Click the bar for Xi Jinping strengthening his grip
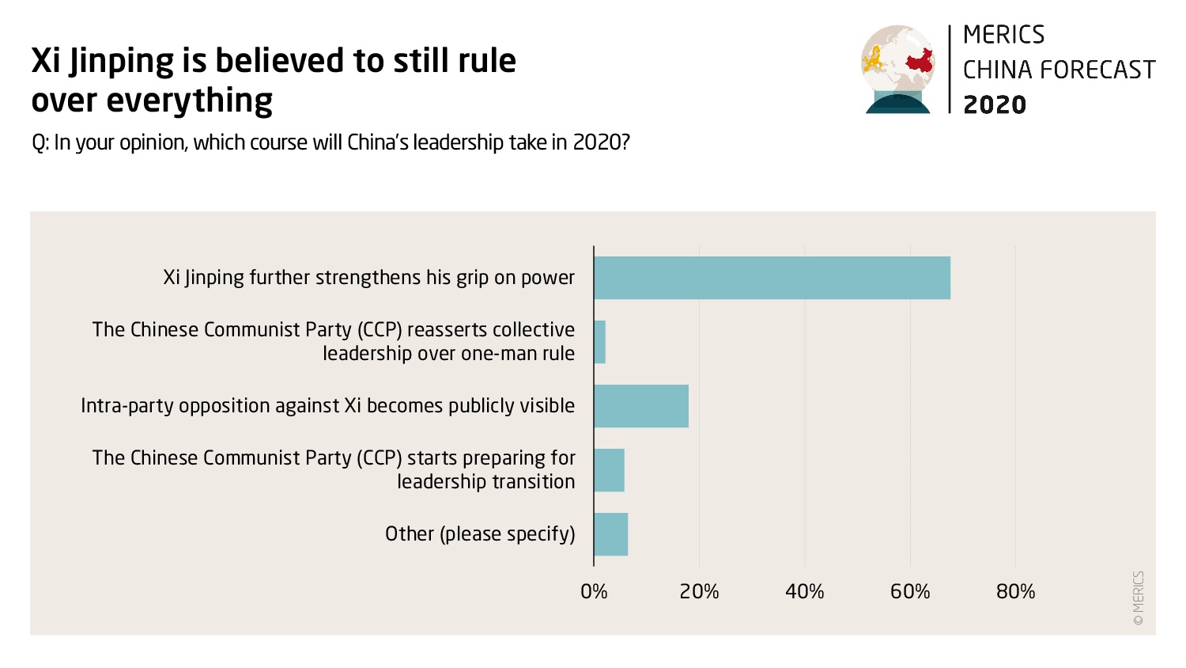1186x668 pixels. pos(772,278)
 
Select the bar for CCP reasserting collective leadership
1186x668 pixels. pos(600,342)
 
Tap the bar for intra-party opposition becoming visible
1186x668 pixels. pos(641,406)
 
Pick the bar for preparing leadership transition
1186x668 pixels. pos(609,470)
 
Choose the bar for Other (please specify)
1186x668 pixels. pos(610,534)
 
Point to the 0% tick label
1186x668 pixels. pos(594,592)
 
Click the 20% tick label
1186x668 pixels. pos(699,592)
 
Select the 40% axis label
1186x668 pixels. pos(805,592)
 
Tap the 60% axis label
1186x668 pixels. pos(910,592)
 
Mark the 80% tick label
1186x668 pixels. pos(1015,592)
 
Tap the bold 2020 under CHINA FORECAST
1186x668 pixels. pos(995,104)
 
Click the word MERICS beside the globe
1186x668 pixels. pos(1003,36)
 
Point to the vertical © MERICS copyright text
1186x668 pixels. pos(1138,598)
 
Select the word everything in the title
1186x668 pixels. pos(189,101)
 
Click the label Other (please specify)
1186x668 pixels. pos(480,534)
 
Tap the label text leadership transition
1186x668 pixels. pos(485,482)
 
